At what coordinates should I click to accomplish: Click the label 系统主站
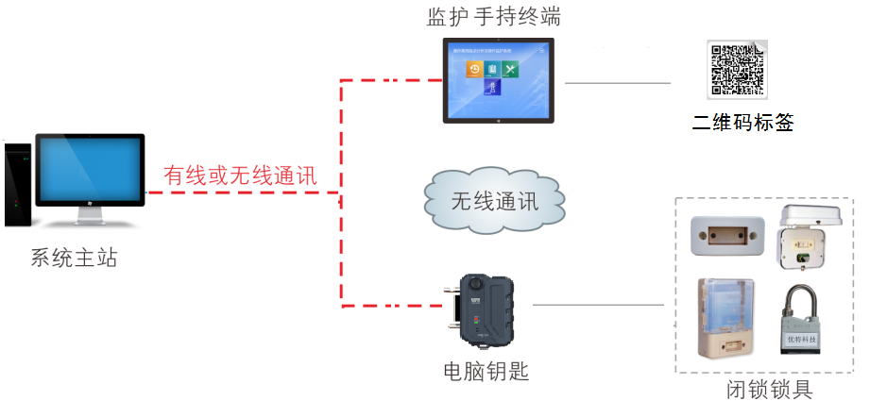coord(75,257)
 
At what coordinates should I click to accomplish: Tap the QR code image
coord(738,69)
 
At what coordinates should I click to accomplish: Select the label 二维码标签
coord(742,122)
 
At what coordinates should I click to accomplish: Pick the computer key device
coord(487,307)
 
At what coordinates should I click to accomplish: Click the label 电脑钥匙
coord(486,371)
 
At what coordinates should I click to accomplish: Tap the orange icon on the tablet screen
coord(475,68)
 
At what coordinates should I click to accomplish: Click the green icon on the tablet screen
coord(511,69)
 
